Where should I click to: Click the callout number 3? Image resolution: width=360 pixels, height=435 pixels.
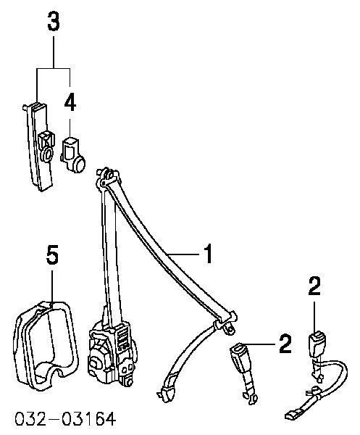[54, 22]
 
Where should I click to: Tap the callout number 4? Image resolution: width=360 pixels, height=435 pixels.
[70, 102]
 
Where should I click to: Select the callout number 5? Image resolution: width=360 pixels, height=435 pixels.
[52, 254]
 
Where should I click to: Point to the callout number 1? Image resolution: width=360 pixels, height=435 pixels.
[208, 254]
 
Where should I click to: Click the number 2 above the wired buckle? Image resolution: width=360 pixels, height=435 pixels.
[314, 286]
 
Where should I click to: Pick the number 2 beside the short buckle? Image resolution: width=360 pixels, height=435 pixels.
[285, 344]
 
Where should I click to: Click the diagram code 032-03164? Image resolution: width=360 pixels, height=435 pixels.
[65, 419]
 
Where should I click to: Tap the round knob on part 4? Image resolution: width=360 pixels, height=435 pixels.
[80, 164]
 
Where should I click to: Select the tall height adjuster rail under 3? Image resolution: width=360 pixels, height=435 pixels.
[38, 146]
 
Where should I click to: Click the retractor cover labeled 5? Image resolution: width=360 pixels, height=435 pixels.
[44, 344]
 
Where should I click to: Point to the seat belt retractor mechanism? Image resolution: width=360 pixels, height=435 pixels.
[112, 353]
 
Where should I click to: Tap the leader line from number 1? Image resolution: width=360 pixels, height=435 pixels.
[184, 254]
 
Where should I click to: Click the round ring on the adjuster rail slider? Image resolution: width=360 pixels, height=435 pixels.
[47, 154]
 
